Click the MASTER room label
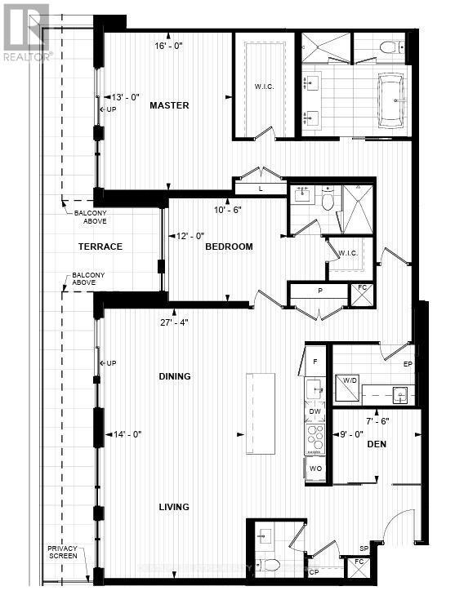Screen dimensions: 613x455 click(169, 105)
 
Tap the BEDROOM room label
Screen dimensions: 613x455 click(229, 247)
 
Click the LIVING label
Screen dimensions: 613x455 click(174, 507)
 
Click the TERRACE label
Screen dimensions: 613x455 click(100, 247)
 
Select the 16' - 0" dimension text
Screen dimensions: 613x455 click(169, 47)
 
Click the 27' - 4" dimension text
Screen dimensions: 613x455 click(175, 322)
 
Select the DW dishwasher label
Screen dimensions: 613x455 click(315, 413)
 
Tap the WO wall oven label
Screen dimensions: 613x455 click(315, 469)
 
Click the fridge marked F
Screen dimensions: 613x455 click(315, 361)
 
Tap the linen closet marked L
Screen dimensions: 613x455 click(260, 189)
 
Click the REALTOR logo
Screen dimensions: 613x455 click(25, 31)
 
